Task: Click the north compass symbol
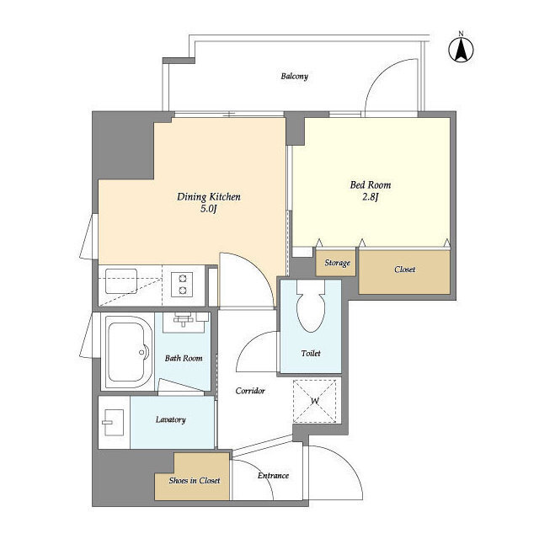[x=461, y=49]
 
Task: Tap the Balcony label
[x=294, y=76]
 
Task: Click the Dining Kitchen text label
[x=209, y=196]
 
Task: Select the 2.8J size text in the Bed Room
[x=371, y=197]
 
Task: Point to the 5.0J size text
[x=209, y=208]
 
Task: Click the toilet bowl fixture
[x=311, y=306]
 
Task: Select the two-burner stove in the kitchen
[x=182, y=284]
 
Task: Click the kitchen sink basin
[x=121, y=281]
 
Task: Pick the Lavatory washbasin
[x=113, y=422]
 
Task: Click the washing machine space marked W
[x=314, y=401]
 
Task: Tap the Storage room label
[x=337, y=263]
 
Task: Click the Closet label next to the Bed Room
[x=404, y=269]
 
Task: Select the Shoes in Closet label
[x=195, y=481]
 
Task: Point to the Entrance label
[x=273, y=475]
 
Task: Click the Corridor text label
[x=250, y=391]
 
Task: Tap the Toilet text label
[x=311, y=353]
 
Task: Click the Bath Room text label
[x=184, y=358]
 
